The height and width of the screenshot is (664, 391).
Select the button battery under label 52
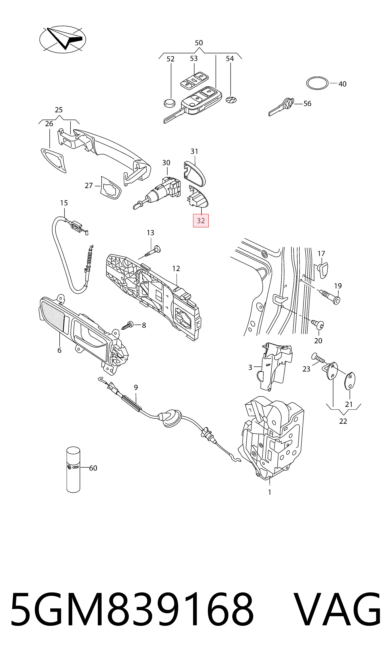tap(169, 103)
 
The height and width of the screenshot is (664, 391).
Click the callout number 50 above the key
tap(199, 43)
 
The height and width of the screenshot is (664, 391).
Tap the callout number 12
tap(176, 269)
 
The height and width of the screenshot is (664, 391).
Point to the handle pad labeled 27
tap(111, 188)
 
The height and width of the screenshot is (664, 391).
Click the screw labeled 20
tap(318, 325)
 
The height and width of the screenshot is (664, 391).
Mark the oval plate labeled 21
tap(350, 381)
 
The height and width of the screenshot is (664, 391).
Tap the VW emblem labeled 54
tap(231, 100)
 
